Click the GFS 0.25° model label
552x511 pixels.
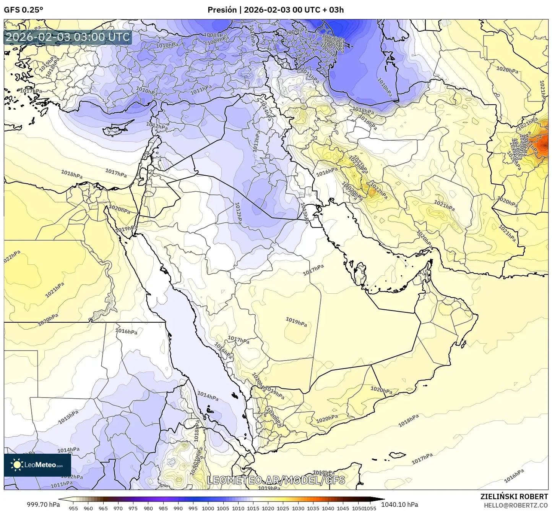pos(23,10)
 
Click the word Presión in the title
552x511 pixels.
pos(222,10)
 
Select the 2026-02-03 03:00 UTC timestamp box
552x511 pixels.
pos(68,37)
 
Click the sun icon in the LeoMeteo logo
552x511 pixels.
pos(17,465)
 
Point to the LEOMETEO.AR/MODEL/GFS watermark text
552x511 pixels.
pos(276,480)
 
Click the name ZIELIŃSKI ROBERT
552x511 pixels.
pos(514,496)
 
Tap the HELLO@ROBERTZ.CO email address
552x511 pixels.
pos(516,505)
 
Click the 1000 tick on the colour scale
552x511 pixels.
pos(208,508)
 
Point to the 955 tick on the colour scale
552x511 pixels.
pos(73,508)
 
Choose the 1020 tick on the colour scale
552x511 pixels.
pos(268,508)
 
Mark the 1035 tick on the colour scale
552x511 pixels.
pos(313,508)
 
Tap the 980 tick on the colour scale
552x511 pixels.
pos(148,508)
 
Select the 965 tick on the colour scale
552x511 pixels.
pos(103,508)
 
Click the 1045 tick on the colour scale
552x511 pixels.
pos(343,508)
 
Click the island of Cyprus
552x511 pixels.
pos(117,129)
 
